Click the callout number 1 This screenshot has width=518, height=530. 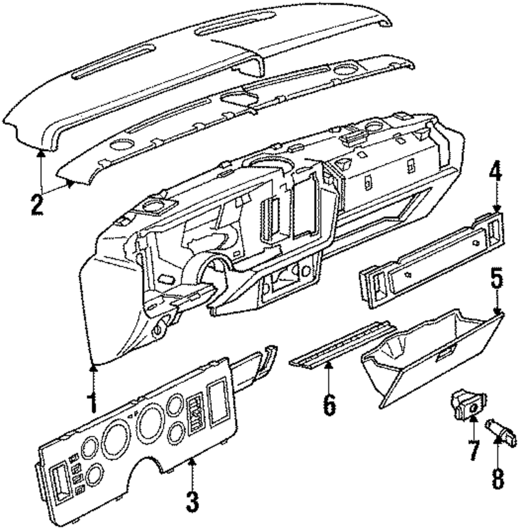tap(92, 404)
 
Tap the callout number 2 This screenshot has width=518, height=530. tap(36, 205)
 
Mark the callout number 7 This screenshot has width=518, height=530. tap(472, 451)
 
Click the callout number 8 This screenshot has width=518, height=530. tap(497, 479)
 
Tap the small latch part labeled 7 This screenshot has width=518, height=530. tap(468, 404)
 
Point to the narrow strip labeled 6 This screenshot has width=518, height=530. tap(342, 345)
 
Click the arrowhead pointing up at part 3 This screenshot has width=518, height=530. tap(192, 462)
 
